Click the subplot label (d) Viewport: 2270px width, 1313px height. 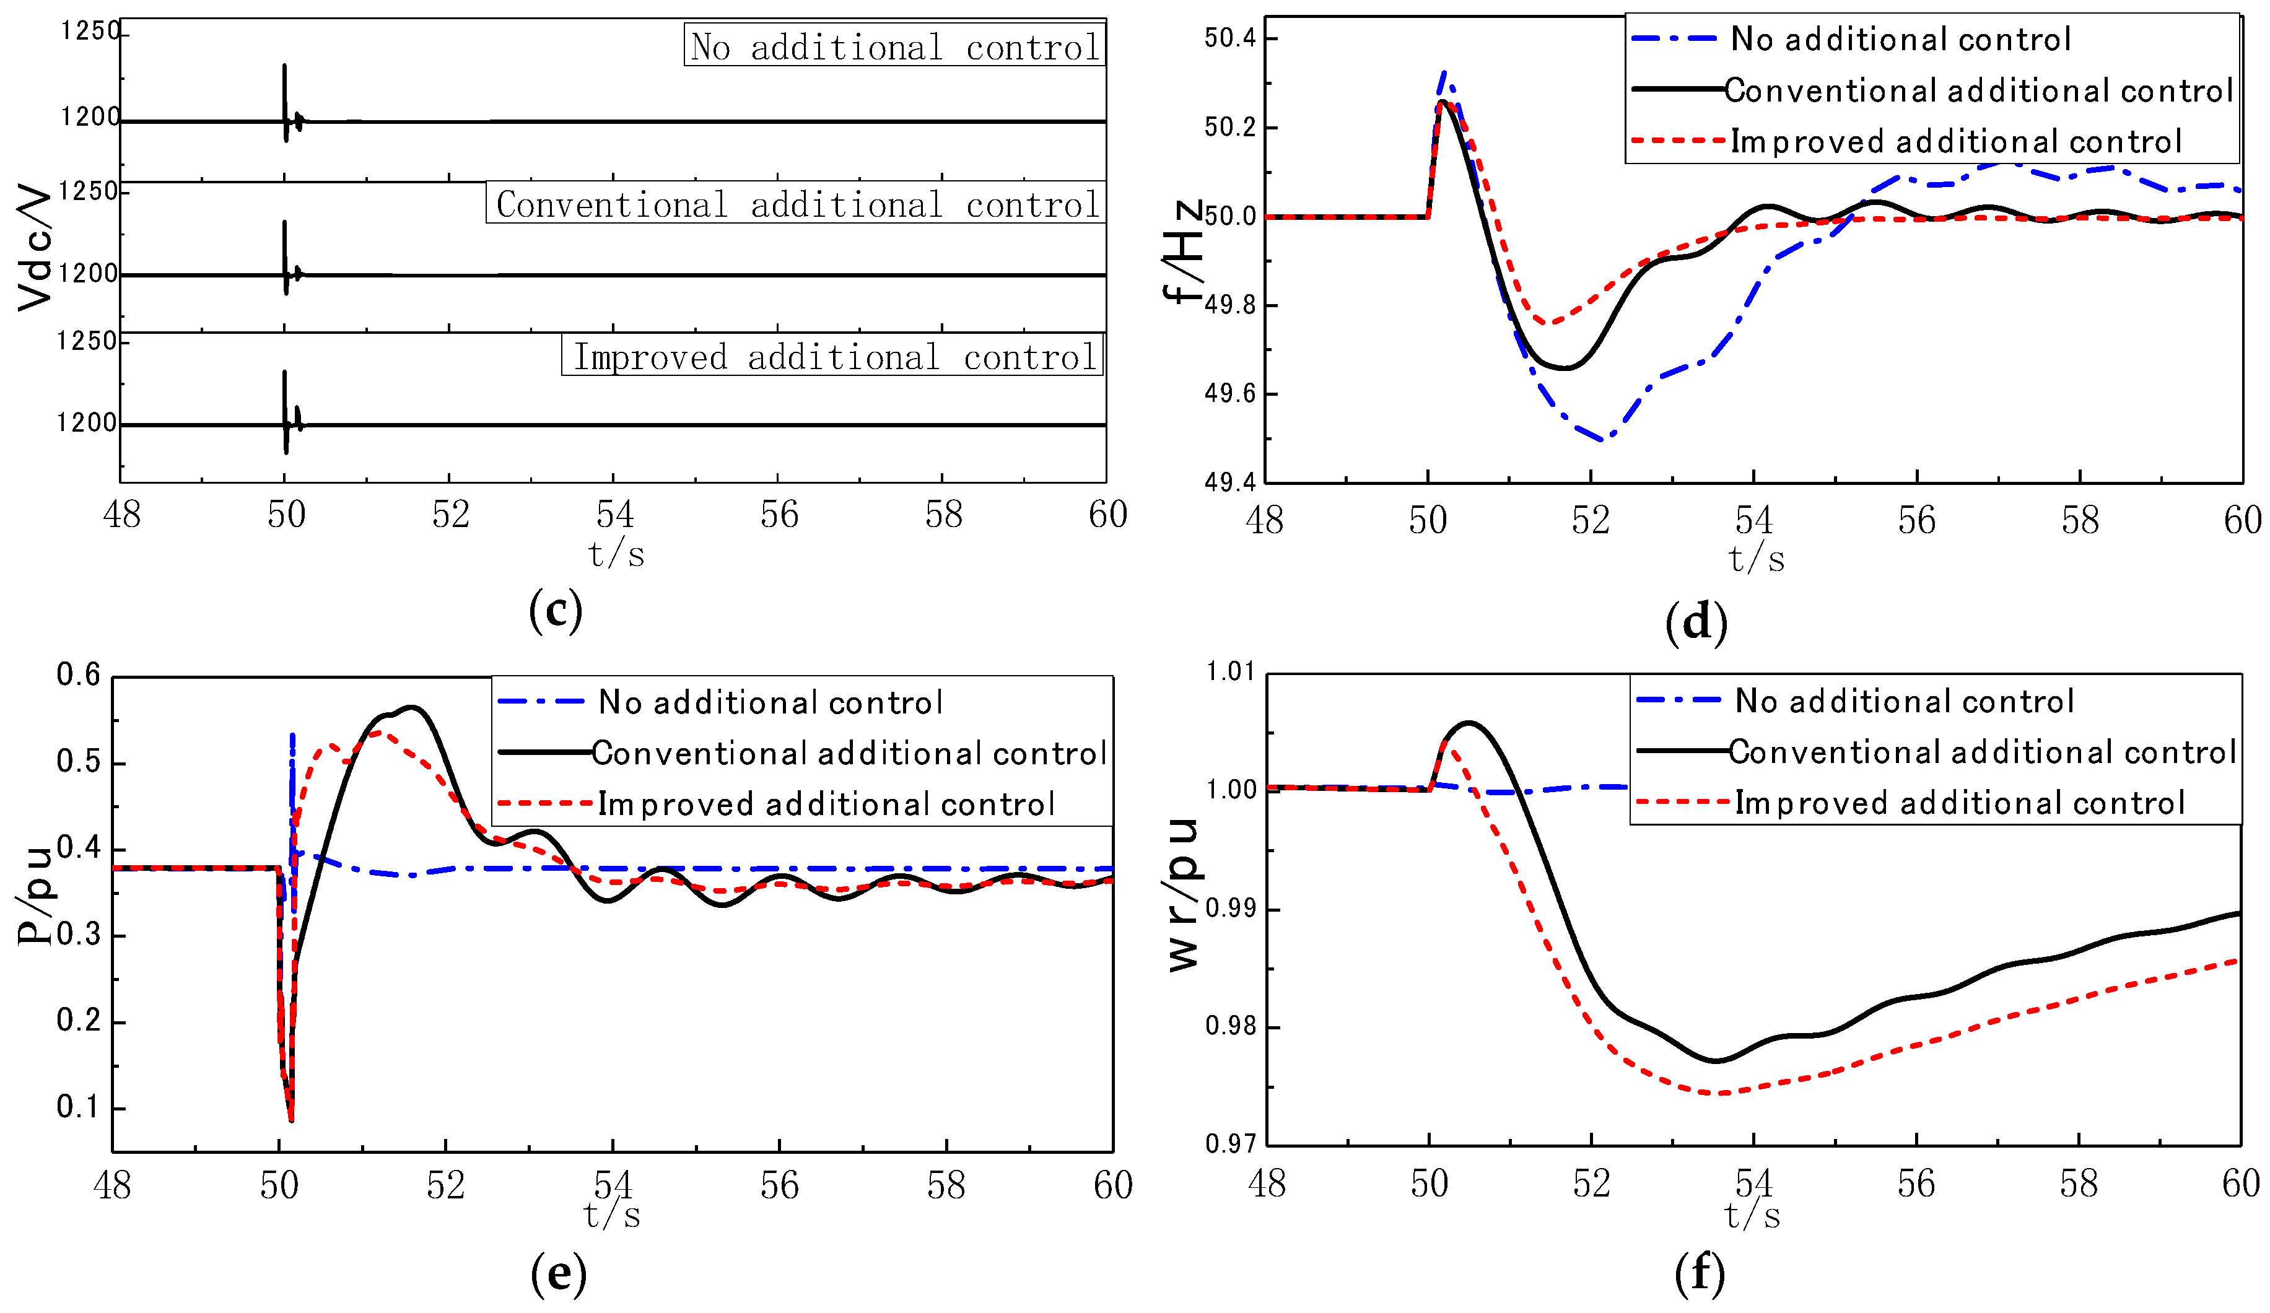[1696, 622]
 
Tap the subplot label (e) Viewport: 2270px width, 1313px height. [559, 1273]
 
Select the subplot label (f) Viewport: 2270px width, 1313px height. [1699, 1273]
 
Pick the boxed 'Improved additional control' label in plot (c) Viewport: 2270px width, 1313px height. [833, 357]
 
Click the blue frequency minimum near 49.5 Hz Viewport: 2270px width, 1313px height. [1602, 440]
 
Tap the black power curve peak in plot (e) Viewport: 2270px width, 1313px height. [413, 708]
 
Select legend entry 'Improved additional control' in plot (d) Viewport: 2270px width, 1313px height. [1955, 141]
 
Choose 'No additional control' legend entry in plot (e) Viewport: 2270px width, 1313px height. [770, 702]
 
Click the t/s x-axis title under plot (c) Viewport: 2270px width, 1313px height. [617, 554]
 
